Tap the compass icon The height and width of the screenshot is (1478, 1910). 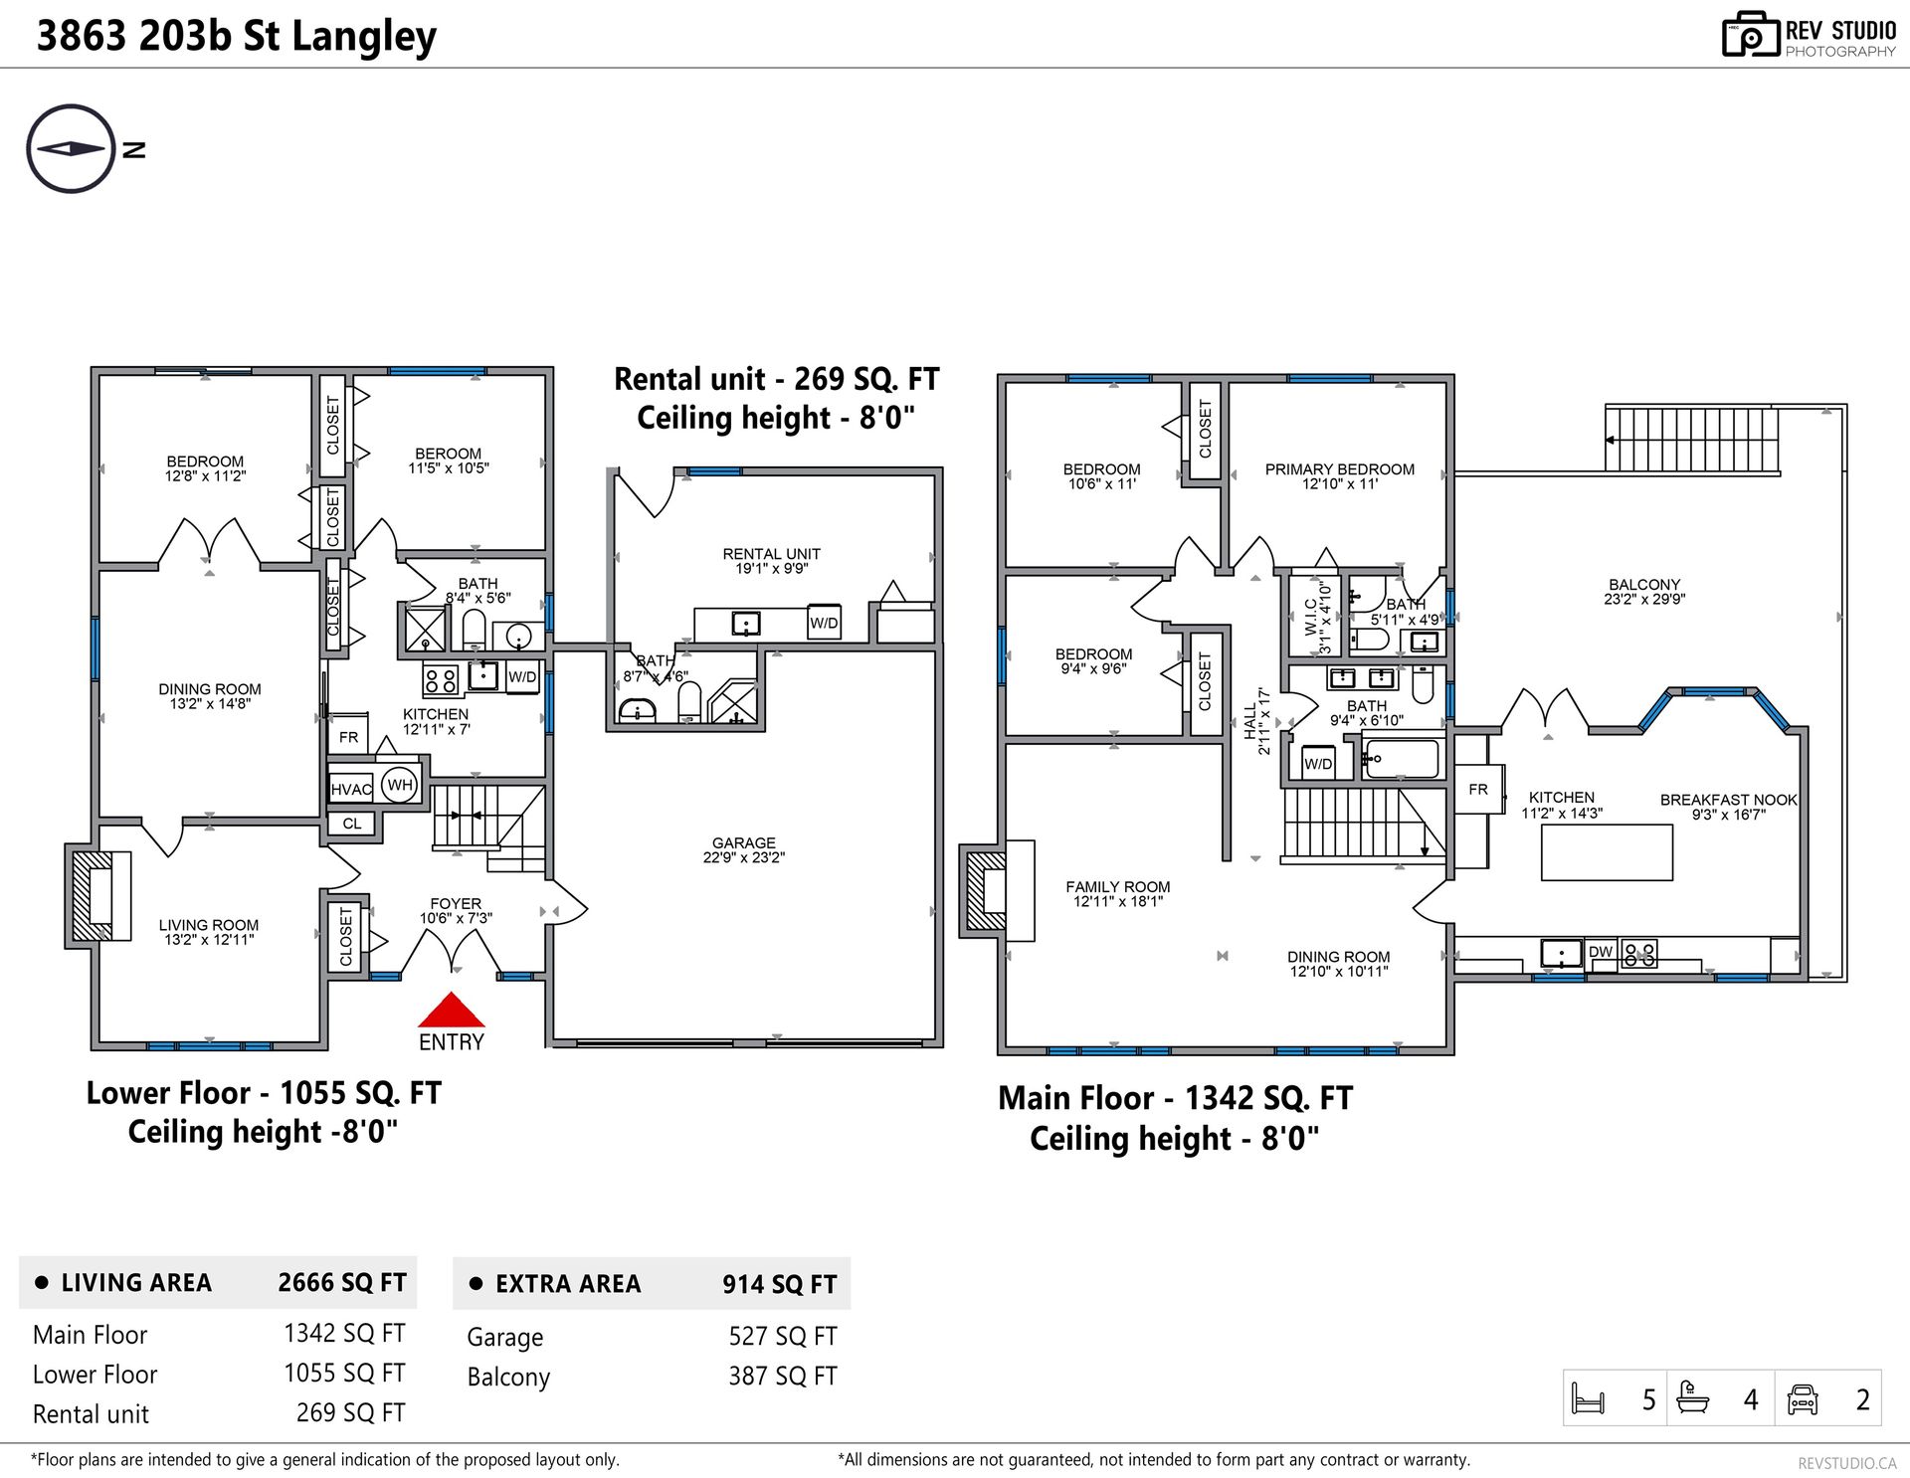72,149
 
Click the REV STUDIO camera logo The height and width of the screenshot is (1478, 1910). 1751,35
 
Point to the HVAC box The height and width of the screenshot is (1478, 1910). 351,790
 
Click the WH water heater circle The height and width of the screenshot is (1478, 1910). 400,785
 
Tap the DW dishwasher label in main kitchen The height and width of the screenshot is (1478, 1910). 1601,952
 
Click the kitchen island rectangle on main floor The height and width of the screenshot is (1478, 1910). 1607,852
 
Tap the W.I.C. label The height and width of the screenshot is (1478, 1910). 1311,617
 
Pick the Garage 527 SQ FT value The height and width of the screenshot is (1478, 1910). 783,1336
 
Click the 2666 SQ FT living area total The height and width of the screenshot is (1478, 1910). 342,1282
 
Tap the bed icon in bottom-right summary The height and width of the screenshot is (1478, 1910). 1588,1398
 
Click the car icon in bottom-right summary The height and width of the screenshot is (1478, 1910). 1803,1398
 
